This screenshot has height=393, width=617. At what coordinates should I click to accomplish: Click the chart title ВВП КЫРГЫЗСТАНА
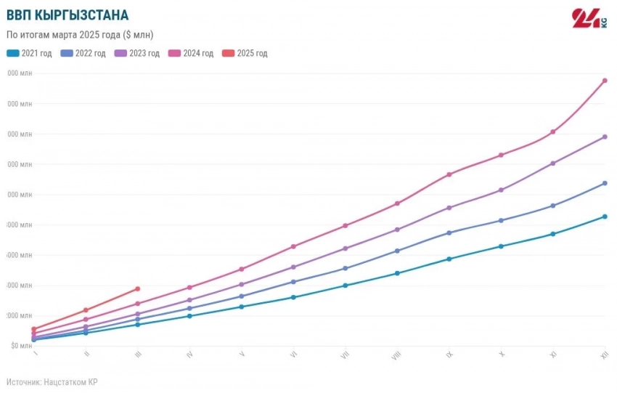coord(68,15)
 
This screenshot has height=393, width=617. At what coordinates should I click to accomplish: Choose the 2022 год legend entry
coord(83,53)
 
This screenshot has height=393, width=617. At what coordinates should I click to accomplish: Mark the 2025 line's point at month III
coord(138,289)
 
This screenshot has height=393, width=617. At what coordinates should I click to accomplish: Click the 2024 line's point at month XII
coord(605,81)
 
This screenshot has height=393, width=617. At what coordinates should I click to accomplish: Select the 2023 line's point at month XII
coord(605,137)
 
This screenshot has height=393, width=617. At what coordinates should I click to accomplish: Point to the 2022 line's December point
coord(605,183)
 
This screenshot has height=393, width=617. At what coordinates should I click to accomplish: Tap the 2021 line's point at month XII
coord(605,216)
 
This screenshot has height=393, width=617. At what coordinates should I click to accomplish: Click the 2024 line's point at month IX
coord(449,174)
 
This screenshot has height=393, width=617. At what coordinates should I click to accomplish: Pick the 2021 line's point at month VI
coord(293,297)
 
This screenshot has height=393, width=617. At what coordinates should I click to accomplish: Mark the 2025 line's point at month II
coord(86,310)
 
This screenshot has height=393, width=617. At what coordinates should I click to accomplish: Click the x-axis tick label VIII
coord(396,355)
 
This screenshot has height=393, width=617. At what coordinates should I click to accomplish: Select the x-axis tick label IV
coord(189,354)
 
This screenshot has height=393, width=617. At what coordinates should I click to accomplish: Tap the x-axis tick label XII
coord(604,354)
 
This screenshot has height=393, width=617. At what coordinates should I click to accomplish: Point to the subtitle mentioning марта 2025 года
coord(80,34)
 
